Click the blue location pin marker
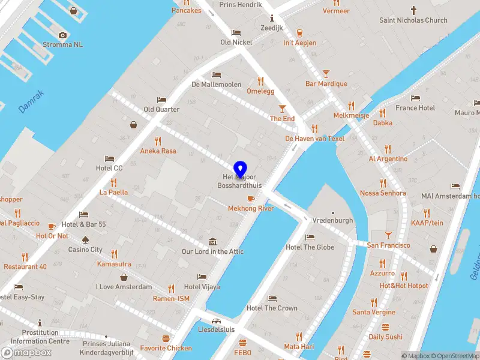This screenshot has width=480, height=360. point(240,169)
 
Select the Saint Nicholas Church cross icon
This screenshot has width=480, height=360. point(413,10)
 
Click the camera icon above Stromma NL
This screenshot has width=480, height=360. point(62,35)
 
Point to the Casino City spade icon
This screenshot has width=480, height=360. point(85,239)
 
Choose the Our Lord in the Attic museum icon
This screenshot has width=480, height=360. point(212,241)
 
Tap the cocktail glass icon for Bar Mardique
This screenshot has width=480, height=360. point(326,74)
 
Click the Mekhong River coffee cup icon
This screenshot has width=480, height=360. point(251,199)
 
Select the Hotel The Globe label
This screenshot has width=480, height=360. point(310,247)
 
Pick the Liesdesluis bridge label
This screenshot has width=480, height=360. point(216,329)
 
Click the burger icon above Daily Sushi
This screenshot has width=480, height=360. point(385,327)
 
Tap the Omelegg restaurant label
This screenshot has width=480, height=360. point(260,91)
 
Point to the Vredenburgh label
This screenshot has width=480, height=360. point(332,220)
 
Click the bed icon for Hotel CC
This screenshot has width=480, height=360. point(109,158)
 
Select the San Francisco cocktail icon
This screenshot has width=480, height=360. point(388,235)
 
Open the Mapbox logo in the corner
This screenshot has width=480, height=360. point(26,352)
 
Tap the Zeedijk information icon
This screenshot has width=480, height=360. point(272,17)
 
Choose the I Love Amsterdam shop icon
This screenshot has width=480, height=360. point(124,277)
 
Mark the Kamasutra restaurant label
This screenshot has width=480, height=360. point(114,264)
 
